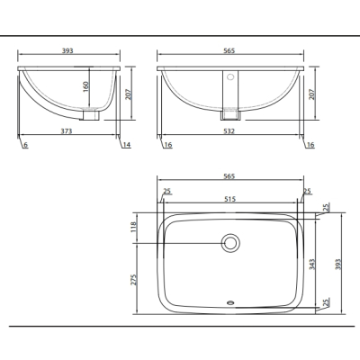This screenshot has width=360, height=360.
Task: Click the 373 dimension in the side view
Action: point(67,131)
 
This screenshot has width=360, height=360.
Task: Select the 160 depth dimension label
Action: point(85,86)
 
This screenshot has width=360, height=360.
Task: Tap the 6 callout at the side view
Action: point(26,145)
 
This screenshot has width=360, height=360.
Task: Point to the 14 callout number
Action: point(127,145)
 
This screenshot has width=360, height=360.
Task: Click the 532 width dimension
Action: point(229,131)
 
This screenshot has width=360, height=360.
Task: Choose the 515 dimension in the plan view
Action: point(230,199)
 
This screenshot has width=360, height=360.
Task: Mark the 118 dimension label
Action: point(134,227)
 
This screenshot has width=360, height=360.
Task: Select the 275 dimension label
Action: point(134,279)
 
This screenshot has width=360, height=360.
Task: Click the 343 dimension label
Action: point(312,265)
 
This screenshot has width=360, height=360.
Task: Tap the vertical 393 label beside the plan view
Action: point(338,265)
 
